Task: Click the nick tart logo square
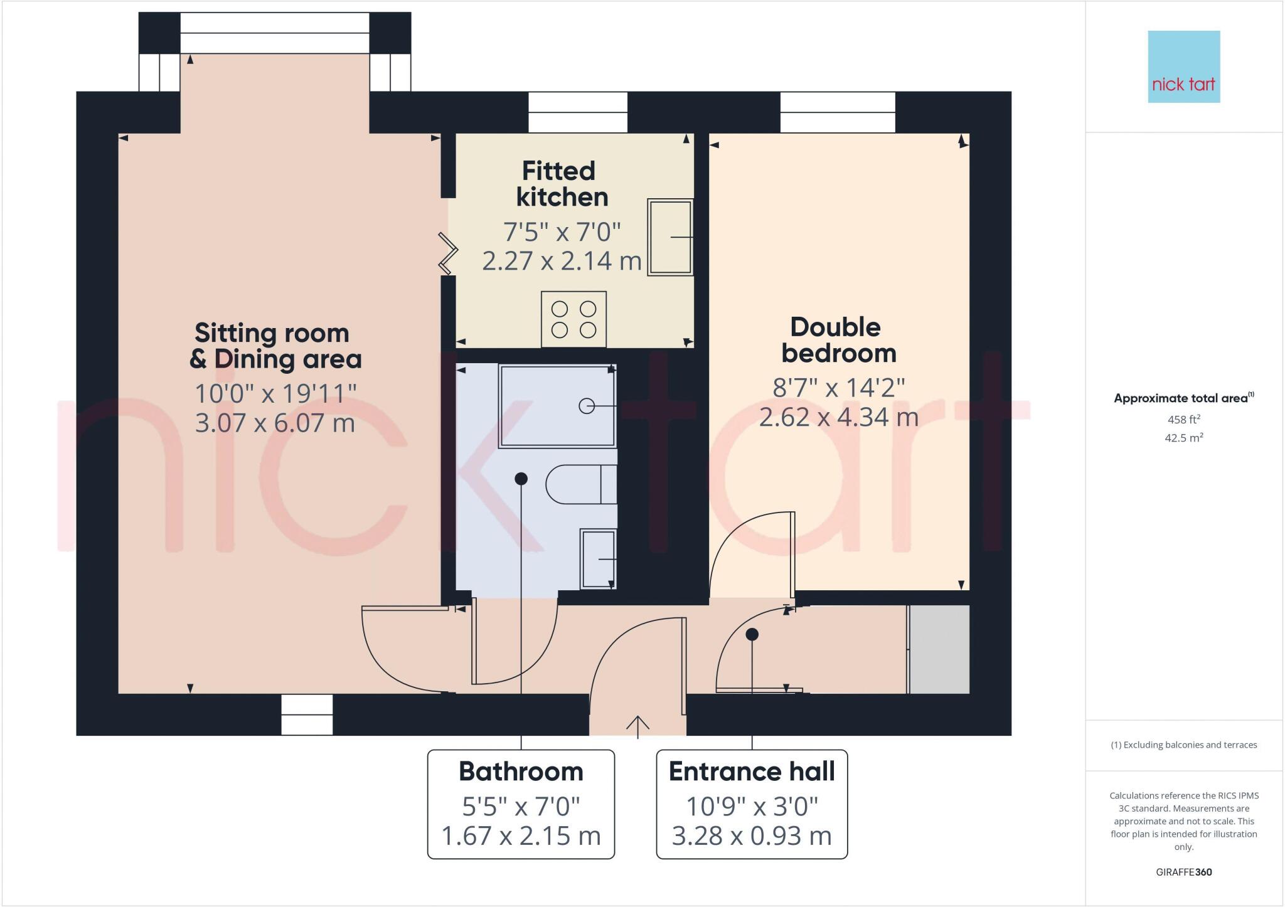1183,66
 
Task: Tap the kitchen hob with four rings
573,319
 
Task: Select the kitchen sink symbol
670,237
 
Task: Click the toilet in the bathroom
581,484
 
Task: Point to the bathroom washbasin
598,558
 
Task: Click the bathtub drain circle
586,406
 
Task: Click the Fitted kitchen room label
561,184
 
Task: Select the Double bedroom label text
838,340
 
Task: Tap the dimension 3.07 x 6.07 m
275,423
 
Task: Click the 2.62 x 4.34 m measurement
838,417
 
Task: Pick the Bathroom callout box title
521,772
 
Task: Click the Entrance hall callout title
752,772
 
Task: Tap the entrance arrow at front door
637,726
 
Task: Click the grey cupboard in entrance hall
939,649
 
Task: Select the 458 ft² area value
1183,420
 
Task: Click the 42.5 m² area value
1183,438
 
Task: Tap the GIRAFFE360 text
1183,872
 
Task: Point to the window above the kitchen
577,112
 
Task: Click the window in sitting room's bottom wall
307,714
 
